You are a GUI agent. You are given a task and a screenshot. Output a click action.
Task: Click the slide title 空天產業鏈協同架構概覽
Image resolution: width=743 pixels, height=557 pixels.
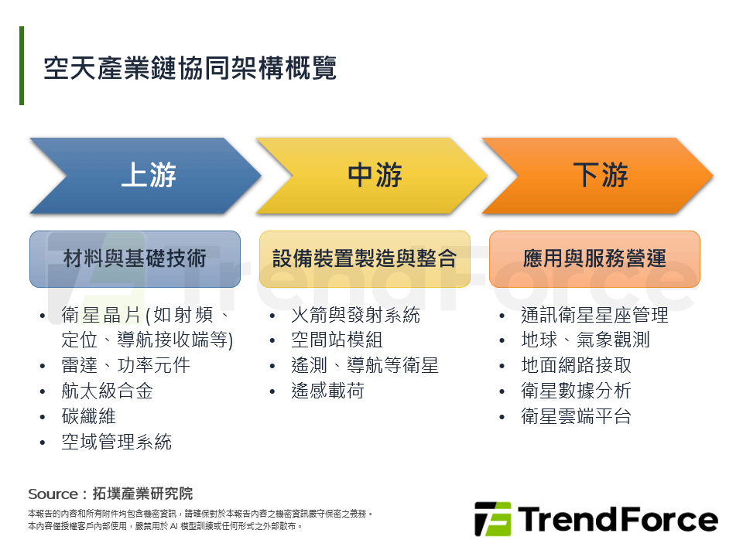pos(190,68)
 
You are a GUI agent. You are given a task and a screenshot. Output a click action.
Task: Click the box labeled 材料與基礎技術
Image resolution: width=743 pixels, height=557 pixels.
pos(135,259)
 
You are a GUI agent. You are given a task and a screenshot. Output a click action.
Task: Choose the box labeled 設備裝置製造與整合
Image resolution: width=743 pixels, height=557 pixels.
pos(365,259)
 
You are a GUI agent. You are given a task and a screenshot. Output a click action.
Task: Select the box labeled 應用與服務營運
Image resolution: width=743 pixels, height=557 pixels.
pos(594,259)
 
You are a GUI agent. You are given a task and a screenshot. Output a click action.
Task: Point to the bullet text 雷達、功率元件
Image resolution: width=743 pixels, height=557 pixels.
pos(126,365)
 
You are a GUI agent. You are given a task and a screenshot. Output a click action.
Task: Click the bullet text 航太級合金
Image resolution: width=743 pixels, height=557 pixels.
pos(108,391)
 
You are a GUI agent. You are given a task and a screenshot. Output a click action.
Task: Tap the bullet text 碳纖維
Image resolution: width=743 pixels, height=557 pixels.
pos(89,416)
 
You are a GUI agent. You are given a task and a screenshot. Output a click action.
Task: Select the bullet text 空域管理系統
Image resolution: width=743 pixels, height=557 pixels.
pos(117,442)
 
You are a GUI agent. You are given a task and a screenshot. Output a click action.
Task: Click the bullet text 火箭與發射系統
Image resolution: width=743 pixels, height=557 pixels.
pos(356,315)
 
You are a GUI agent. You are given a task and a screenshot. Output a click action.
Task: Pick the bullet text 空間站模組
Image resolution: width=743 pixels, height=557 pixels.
pos(337,340)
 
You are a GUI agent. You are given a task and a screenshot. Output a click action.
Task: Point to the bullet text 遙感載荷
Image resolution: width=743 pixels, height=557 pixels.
pos(328,391)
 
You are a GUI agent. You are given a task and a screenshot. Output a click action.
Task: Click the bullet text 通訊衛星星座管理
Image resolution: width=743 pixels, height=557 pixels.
pos(594,315)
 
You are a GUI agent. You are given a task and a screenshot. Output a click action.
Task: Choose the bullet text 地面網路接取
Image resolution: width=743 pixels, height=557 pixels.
pos(576,365)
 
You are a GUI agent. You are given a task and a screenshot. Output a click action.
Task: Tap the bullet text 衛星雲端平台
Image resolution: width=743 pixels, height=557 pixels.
pos(576,416)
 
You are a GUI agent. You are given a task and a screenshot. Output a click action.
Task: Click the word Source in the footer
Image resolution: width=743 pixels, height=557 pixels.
pos(53,494)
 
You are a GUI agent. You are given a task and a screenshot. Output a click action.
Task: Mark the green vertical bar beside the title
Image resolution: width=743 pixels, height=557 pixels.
pos(22,65)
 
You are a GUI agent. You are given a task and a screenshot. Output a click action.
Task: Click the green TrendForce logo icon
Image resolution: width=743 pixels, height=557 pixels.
pos(493,519)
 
